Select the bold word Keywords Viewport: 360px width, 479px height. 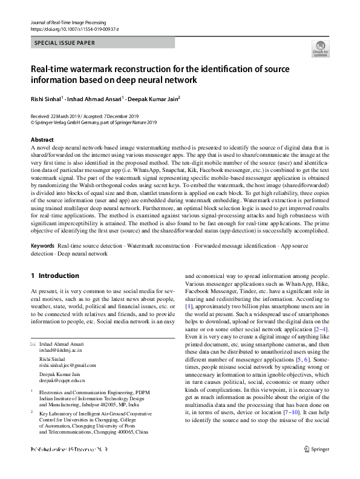[x=42, y=246]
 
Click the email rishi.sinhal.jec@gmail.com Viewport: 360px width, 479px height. [x=68, y=365]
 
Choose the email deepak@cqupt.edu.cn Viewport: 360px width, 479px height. [x=62, y=380]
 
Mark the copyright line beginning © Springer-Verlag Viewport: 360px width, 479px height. [x=93, y=122]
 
